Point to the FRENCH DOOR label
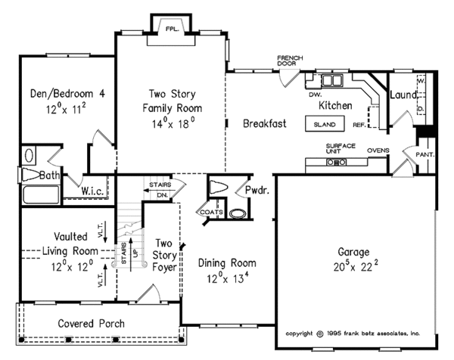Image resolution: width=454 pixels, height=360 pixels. tap(290, 61)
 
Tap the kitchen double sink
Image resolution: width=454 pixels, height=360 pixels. tap(331, 79)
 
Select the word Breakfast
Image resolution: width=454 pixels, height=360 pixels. tap(264, 124)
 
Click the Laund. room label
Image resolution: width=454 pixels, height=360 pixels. tap(403, 95)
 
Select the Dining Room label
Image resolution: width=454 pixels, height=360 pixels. tap(227, 262)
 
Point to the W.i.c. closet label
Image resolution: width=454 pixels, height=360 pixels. tap(95, 191)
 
